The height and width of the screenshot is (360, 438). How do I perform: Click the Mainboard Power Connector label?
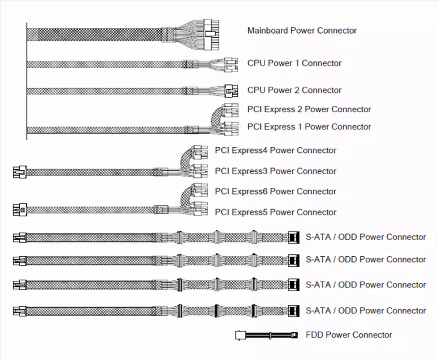[x=302, y=31]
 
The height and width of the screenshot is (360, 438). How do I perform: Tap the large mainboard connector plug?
[x=212, y=35]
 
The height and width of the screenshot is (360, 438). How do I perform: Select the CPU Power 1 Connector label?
[x=294, y=63]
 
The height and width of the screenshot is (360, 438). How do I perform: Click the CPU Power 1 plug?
[x=231, y=65]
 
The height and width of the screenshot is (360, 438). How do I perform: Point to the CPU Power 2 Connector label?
[x=294, y=90]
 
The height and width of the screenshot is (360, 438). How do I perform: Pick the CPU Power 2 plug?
[x=231, y=91]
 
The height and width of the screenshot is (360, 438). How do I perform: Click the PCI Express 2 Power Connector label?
[x=309, y=109]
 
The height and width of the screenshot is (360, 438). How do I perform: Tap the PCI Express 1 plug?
[x=231, y=129]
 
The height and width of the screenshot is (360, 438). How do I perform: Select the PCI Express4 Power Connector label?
[x=276, y=150]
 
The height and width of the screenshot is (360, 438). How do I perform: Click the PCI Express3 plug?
[x=201, y=171]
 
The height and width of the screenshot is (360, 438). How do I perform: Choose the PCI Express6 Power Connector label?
[x=276, y=191]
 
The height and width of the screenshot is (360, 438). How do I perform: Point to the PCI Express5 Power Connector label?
[x=276, y=212]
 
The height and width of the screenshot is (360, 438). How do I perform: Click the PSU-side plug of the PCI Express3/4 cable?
[x=20, y=172]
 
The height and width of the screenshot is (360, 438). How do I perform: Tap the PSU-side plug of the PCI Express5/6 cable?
[x=20, y=210]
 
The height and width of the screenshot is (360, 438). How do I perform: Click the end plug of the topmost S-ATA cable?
[x=293, y=238]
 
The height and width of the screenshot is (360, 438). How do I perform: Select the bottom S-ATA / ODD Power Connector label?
[x=366, y=311]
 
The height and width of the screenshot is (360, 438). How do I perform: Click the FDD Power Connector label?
[x=349, y=335]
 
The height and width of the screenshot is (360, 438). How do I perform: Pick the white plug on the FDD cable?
[x=240, y=335]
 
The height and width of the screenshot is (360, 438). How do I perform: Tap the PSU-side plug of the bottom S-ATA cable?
[x=20, y=311]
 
